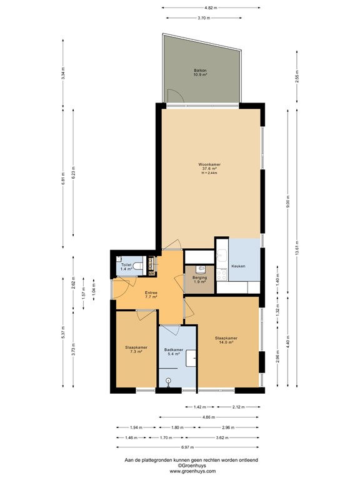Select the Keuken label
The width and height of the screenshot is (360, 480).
238,266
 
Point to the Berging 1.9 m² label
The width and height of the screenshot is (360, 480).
199,279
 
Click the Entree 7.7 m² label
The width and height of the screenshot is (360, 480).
151,295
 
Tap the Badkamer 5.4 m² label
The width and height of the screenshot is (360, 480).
174,352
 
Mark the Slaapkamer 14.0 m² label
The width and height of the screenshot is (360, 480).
226,340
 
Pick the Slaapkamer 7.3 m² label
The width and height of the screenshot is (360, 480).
136,349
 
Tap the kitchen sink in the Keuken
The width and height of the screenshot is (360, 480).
222,256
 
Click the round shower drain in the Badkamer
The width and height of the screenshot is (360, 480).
168,380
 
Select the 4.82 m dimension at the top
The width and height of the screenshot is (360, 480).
211,7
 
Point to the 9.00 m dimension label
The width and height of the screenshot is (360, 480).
288,202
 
